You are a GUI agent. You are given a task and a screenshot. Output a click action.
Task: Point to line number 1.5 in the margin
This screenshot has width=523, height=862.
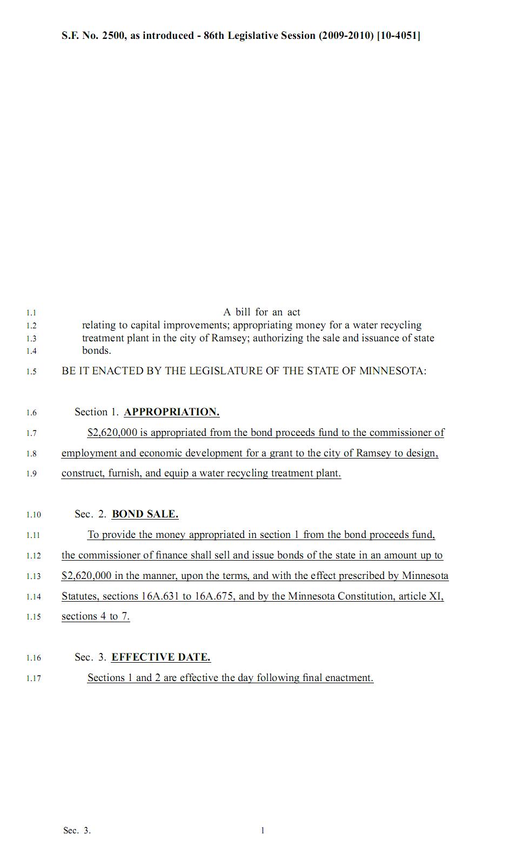[x=31, y=372]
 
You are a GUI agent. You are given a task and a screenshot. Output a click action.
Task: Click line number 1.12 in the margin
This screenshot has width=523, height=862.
[x=33, y=556]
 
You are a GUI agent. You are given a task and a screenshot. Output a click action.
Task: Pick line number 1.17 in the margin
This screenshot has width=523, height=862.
[x=33, y=678]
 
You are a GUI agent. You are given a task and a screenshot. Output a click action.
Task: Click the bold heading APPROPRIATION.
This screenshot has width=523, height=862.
[x=171, y=412]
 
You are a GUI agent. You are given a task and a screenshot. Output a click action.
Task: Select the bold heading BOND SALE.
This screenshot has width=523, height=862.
[x=145, y=514]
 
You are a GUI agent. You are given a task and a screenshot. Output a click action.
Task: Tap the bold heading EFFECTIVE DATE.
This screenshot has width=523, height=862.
[x=160, y=657]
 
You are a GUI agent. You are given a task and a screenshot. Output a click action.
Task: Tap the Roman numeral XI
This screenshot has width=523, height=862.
[x=436, y=596]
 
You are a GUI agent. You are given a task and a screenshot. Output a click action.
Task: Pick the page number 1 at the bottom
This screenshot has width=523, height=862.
[x=263, y=831]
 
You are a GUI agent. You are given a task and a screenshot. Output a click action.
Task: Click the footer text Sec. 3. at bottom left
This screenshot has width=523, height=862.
[x=77, y=831]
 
